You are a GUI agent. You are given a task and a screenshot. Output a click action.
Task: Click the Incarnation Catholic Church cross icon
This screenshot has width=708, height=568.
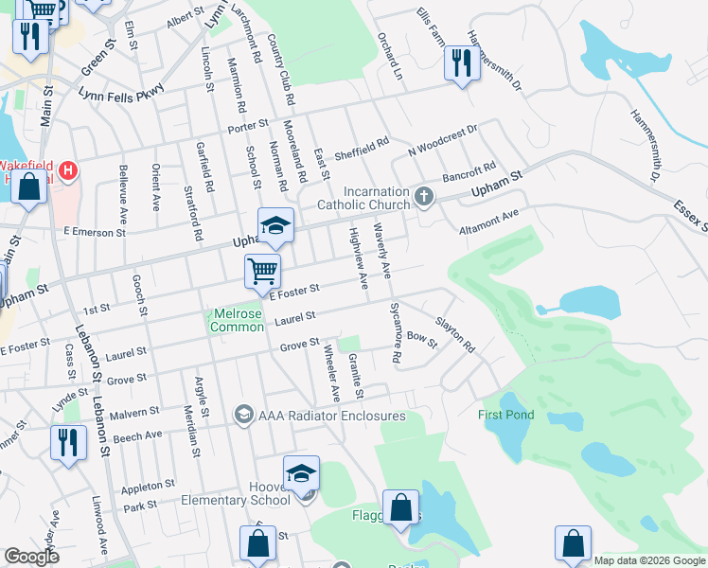click(424, 198)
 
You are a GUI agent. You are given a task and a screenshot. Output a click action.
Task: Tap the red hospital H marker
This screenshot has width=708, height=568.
click(67, 172)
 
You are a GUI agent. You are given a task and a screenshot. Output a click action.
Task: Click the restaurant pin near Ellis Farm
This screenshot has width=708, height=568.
click(460, 63)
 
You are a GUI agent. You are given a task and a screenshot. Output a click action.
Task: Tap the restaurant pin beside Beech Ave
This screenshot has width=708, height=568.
click(66, 443)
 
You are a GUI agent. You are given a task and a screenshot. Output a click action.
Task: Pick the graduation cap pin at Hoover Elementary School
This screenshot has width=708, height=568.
click(301, 473)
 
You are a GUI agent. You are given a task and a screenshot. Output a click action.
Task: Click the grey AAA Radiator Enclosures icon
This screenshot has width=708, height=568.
click(243, 416)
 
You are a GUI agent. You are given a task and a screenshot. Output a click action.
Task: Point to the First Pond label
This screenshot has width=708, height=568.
click(506, 415)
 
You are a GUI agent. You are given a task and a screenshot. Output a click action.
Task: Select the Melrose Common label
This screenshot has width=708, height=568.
click(237, 320)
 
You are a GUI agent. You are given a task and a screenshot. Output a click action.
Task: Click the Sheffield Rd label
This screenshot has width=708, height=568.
click(362, 150)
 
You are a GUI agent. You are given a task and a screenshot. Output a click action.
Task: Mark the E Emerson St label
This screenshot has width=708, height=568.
click(95, 232)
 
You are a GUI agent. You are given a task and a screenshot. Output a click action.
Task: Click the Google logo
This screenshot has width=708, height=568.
click(32, 557)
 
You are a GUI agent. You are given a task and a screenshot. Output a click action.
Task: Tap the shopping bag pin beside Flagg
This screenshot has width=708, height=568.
click(401, 507)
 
